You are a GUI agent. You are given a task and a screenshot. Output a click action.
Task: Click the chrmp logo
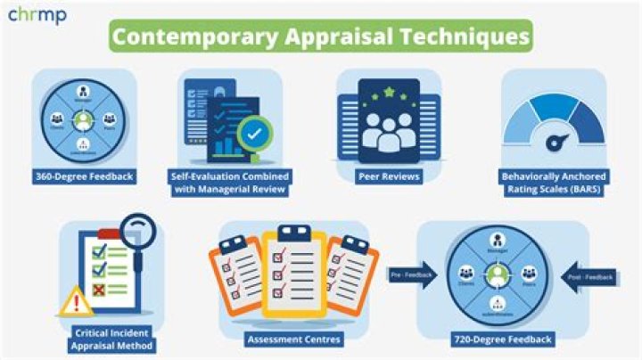click(37, 15)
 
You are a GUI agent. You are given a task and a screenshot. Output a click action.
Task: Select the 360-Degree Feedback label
click(84, 176)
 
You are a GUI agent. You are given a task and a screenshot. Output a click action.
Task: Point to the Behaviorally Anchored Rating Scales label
click(555, 182)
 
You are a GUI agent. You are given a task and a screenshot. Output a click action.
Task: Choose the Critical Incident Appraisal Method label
click(113, 340)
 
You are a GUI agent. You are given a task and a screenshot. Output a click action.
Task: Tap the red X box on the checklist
click(100, 290)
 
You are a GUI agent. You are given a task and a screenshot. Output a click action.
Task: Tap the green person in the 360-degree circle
click(84, 119)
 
